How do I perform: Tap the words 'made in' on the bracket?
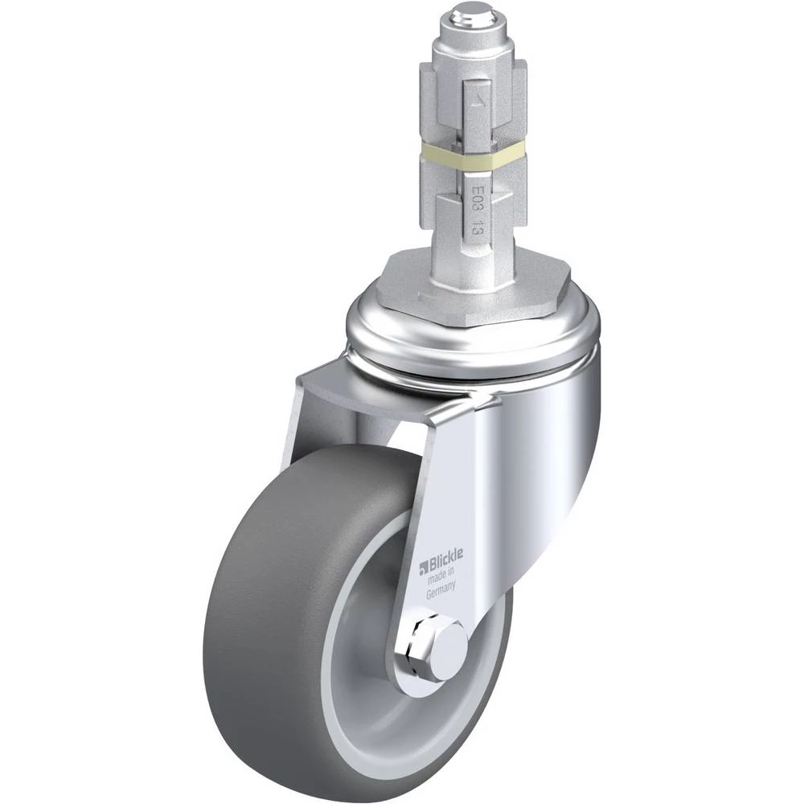pos(441,576)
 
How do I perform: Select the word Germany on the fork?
pos(441,590)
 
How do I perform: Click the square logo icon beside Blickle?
pos(424,568)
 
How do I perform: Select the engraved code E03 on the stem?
pos(477,197)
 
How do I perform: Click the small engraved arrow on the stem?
pos(477,101)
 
